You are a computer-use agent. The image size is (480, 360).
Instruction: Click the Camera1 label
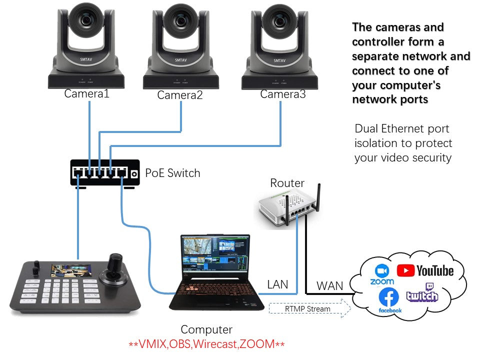click(86, 93)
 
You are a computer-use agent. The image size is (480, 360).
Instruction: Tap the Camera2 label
click(180, 95)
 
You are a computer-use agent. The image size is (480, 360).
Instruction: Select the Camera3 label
click(282, 94)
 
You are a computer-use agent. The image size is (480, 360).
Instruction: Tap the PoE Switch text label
click(172, 173)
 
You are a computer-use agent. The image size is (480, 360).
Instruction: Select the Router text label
click(287, 183)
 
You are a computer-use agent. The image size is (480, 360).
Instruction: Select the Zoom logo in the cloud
click(382, 274)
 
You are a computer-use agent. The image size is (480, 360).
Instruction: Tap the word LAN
click(277, 284)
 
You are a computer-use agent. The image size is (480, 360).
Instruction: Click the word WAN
click(330, 286)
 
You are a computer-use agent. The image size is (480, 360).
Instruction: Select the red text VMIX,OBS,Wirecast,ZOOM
click(206, 344)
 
